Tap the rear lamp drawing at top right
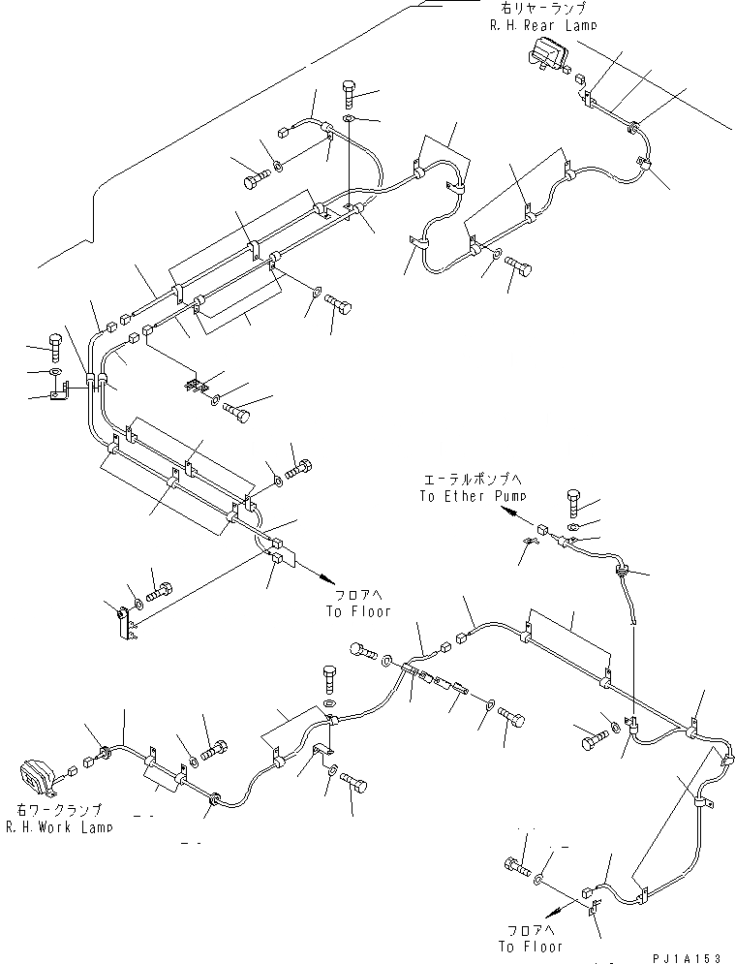pyautogui.click(x=546, y=54)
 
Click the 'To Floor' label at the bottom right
pyautogui.click(x=531, y=946)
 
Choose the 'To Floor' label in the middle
pyautogui.click(x=358, y=611)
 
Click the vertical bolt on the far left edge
pyautogui.click(x=55, y=347)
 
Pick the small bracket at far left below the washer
pyautogui.click(x=61, y=392)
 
